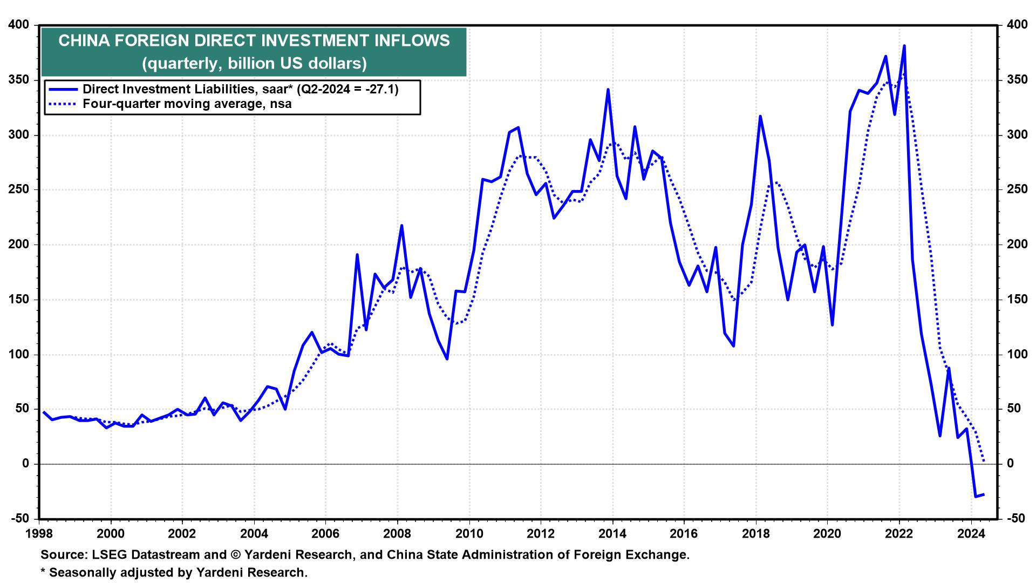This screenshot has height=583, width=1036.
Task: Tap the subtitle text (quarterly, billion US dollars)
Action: [254, 63]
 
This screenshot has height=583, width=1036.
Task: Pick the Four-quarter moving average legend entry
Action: [187, 104]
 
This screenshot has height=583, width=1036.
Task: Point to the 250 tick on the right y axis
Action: [1012, 190]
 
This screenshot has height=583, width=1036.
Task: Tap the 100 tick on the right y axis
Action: [1012, 355]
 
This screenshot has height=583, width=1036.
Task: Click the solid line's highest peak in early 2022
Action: [904, 46]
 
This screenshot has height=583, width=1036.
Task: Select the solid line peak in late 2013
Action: [608, 90]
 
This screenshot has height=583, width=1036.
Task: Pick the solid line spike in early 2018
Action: [760, 116]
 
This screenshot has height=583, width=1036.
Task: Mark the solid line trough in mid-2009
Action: [447, 358]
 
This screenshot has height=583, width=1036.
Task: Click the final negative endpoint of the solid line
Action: [984, 494]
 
